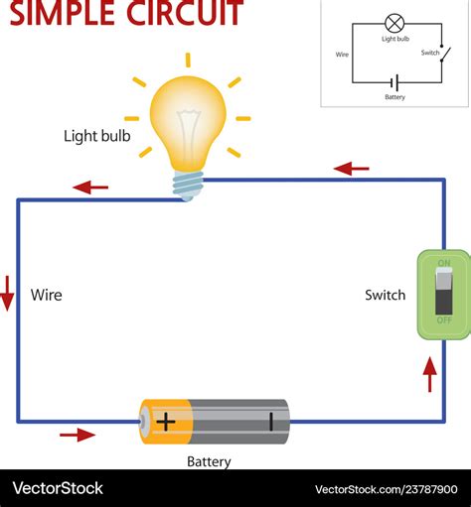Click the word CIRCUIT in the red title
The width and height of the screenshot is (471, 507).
coord(184,13)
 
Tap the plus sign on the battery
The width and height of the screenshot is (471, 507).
coord(165,421)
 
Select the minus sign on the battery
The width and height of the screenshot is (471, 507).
coord(270,421)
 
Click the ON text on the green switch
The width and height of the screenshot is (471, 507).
coord(443,263)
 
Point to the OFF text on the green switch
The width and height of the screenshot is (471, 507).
coord(443,319)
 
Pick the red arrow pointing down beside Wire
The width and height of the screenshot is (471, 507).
coord(8,294)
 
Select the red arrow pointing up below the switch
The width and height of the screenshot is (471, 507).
coord(429,374)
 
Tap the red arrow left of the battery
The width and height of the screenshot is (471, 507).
coord(78,434)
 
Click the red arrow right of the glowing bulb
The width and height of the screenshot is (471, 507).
coord(352,169)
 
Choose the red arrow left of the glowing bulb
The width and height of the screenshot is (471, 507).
coord(90,187)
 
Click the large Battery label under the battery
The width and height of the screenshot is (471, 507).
coord(209,461)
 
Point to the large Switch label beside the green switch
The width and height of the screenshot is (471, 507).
coord(386,295)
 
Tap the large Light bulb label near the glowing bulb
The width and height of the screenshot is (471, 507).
coord(96,136)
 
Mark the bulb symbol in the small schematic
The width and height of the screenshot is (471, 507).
coord(395,23)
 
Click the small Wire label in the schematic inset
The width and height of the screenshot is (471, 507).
coord(343,56)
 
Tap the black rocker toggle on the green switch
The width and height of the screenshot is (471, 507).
coord(443,291)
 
